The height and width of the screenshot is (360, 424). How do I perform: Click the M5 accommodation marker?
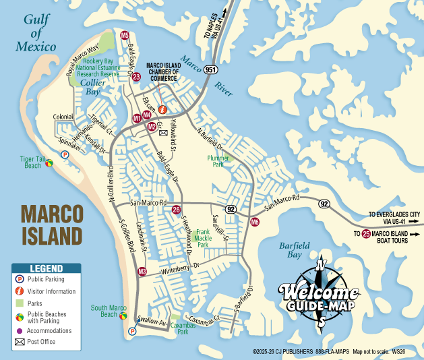click(x=125, y=35)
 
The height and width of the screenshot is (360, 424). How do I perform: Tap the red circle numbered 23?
click(x=136, y=78)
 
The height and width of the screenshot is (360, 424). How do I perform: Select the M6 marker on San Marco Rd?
click(x=255, y=222)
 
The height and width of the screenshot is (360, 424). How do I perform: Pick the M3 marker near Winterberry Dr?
click(x=142, y=272)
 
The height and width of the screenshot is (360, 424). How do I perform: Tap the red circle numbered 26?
click(x=177, y=209)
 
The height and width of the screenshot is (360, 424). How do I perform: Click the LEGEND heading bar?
click(x=46, y=268)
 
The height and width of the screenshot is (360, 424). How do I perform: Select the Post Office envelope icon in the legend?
click(x=20, y=342)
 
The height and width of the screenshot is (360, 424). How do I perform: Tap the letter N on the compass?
click(x=322, y=264)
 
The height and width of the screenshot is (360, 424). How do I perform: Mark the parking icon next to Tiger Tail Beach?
click(x=65, y=154)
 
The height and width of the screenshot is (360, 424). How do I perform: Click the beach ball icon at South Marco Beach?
click(x=123, y=316)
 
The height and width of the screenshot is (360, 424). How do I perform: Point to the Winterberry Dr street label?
click(x=181, y=267)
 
